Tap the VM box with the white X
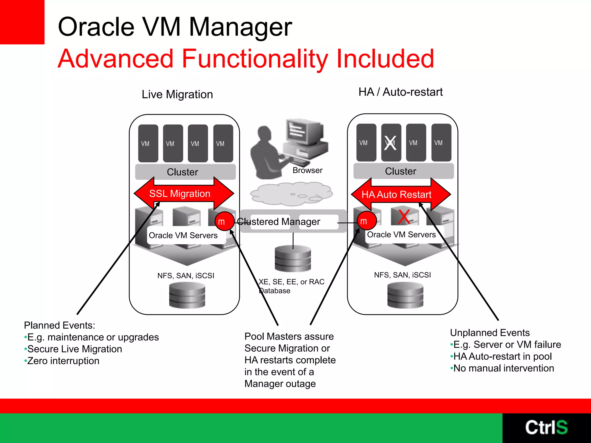pyautogui.click(x=391, y=143)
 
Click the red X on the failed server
pyautogui.click(x=404, y=217)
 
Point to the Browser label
pyautogui.click(x=307, y=170)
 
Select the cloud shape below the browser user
pyautogui.click(x=291, y=194)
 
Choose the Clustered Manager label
pyautogui.click(x=278, y=221)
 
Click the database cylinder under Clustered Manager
pyautogui.click(x=293, y=259)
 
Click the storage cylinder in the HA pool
pyautogui.click(x=405, y=295)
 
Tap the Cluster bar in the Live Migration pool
pyautogui.click(x=185, y=172)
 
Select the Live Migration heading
pyautogui.click(x=177, y=95)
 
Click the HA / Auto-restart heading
pyautogui.click(x=401, y=92)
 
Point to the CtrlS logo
pyautogui.click(x=546, y=427)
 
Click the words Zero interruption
pyautogui.click(x=63, y=361)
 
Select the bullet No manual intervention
pyautogui.click(x=504, y=368)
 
